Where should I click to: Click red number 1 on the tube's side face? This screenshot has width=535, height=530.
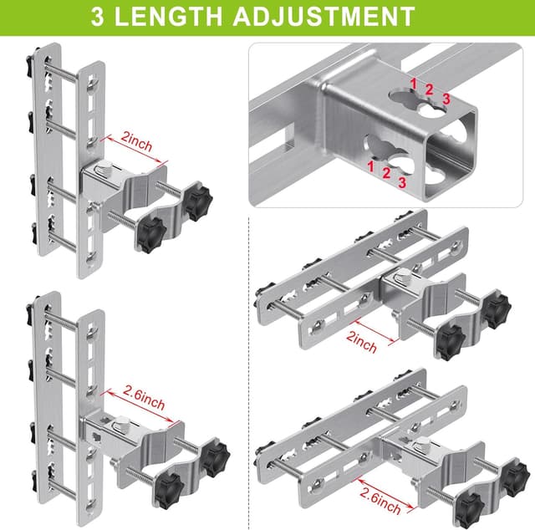pos(369,166)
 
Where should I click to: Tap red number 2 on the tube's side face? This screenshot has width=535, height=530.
pos(387,174)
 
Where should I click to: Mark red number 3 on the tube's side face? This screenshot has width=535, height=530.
pos(404,181)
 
